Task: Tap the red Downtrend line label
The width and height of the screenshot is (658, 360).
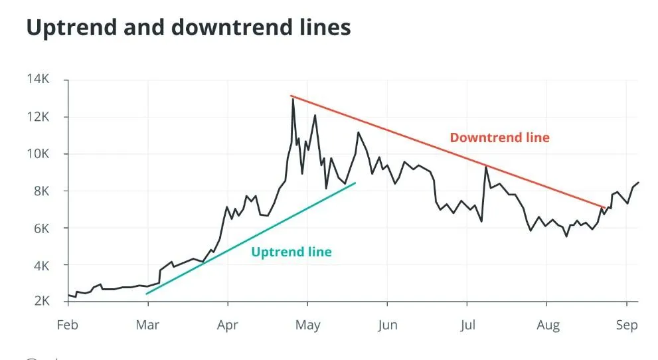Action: pos(499,138)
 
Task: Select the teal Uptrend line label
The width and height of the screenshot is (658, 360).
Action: pos(291,252)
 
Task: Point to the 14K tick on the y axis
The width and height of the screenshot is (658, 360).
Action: pos(38,80)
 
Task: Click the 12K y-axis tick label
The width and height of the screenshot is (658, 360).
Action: pos(38,117)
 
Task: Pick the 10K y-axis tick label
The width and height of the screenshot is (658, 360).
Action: pos(38,154)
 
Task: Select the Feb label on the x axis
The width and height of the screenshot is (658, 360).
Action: pos(68,325)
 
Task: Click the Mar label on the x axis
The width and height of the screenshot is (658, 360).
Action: pos(148,325)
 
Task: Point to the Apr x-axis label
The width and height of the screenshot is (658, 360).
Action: pos(228,325)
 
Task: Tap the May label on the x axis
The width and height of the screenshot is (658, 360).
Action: pos(307,325)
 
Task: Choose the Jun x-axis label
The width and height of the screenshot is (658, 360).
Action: pos(387,325)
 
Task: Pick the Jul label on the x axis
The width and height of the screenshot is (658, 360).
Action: pos(467,325)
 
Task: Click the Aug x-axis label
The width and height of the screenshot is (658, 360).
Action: pos(547,325)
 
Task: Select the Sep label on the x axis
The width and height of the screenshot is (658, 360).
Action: pos(627,325)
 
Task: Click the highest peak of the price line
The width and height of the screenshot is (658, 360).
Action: pos(293,99)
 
